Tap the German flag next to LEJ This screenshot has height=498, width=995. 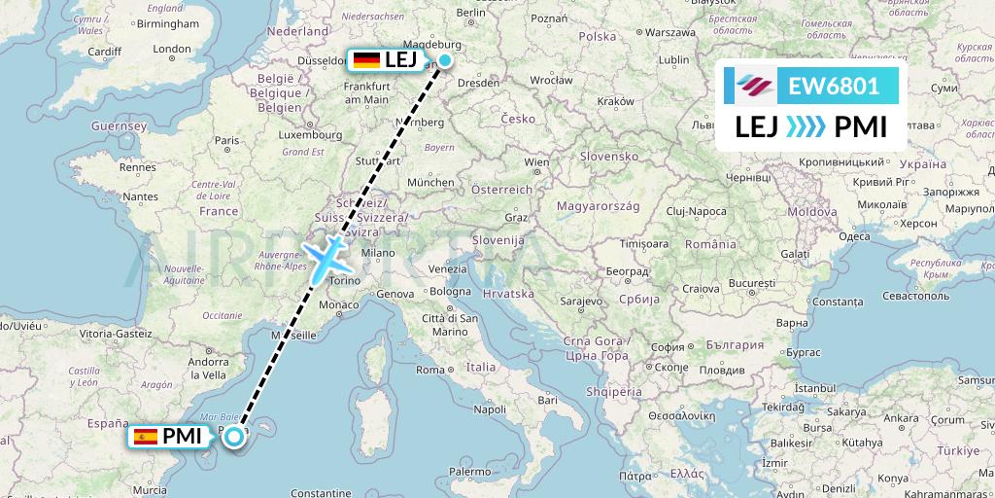(366, 60)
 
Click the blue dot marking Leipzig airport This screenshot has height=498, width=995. (444, 60)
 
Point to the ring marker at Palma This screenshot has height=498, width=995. (234, 437)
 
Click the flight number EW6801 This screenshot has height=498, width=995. (834, 87)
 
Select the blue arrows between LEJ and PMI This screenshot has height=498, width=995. (805, 126)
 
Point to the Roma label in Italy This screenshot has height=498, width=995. (429, 370)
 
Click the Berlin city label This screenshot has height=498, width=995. (470, 13)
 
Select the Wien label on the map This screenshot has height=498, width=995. (536, 161)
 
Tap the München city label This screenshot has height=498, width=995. (431, 182)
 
